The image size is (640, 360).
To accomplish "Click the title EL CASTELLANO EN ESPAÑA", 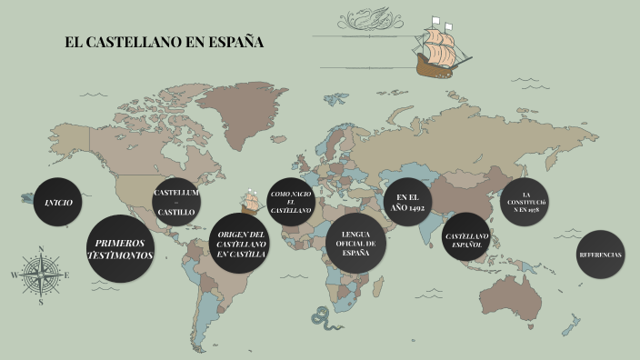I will (x=164, y=43).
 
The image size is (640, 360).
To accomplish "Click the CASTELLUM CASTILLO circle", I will (x=176, y=202).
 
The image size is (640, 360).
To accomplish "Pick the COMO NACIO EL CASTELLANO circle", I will (x=291, y=202).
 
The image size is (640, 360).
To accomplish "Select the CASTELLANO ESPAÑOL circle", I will (x=466, y=239).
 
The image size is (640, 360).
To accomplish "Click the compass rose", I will (x=41, y=274).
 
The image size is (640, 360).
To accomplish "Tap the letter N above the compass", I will (x=41, y=248).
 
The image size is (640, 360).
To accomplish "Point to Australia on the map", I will (x=516, y=289).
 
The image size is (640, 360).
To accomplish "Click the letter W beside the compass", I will (x=15, y=274).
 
